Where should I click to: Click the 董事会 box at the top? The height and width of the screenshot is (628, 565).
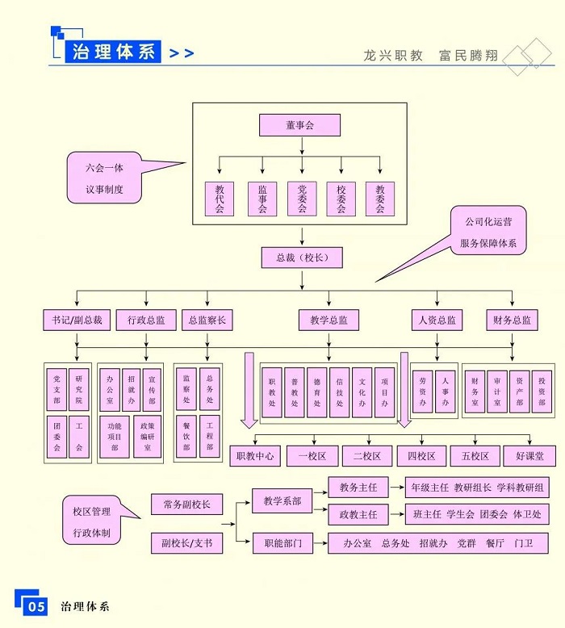click(299, 125)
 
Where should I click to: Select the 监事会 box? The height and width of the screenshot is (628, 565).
click(262, 199)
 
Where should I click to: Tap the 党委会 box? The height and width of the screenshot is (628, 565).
click(301, 199)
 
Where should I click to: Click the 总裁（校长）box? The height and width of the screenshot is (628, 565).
click(302, 258)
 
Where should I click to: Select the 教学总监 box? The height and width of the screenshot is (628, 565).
click(328, 320)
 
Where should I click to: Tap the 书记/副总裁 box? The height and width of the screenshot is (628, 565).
click(77, 320)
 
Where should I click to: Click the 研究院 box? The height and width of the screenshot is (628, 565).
click(79, 389)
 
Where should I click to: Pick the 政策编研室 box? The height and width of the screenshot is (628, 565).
click(147, 437)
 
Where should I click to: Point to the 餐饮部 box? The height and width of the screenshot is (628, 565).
click(186, 437)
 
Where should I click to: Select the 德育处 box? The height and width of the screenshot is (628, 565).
click(317, 392)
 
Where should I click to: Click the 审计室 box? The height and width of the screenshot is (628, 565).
click(498, 391)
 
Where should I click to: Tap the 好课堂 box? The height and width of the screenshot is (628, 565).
click(529, 456)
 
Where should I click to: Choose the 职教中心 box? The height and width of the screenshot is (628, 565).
click(255, 456)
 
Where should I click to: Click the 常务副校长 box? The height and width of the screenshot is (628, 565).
click(186, 504)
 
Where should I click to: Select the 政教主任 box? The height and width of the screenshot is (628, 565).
click(358, 514)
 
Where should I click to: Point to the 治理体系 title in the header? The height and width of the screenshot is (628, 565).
click(113, 53)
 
